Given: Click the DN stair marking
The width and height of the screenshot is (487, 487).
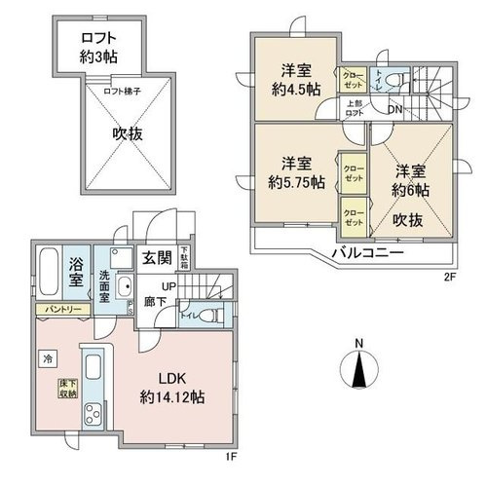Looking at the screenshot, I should (x=394, y=108).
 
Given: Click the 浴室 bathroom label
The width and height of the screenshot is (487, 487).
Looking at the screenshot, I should (x=76, y=273).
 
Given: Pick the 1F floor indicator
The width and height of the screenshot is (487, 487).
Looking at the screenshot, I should (x=226, y=453).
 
